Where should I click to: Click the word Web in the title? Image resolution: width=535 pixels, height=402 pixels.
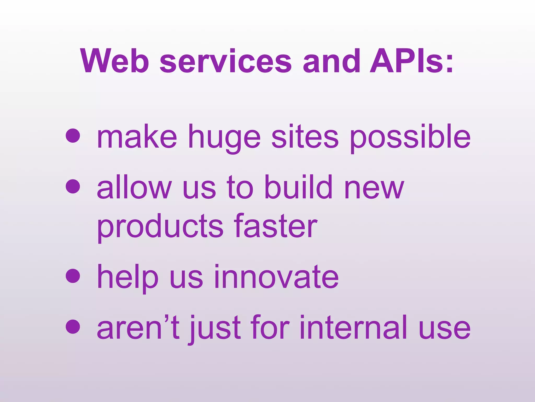coord(115,61)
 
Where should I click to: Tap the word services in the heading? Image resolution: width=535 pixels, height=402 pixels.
coord(225,61)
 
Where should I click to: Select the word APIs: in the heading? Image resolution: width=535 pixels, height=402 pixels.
coord(411,61)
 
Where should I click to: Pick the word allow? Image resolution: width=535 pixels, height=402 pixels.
coord(133,186)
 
